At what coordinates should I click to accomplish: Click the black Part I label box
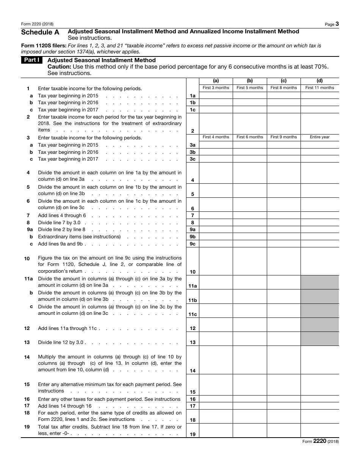pos(32,60)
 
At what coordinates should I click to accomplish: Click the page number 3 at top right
pos(337,24)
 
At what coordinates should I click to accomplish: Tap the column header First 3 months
pos(216,88)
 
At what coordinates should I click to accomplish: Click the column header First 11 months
pos(319,88)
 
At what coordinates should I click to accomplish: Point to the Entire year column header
pos(319,137)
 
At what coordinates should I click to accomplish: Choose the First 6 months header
pos(250,137)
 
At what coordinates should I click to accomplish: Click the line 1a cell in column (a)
pos(216,96)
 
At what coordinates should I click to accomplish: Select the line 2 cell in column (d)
pos(319,124)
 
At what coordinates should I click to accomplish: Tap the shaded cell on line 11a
pos(319,282)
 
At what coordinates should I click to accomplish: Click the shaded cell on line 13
pos(319,339)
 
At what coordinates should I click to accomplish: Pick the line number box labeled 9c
pos(193,244)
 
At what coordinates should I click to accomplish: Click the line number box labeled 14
pos(193,371)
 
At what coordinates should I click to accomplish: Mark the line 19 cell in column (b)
pos(250,430)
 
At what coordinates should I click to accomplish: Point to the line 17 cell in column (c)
pos(283,406)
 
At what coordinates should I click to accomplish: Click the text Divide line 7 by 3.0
pos(59,222)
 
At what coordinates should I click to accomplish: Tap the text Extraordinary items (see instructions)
pos(79,237)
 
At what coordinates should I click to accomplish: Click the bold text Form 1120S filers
pos(39,45)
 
